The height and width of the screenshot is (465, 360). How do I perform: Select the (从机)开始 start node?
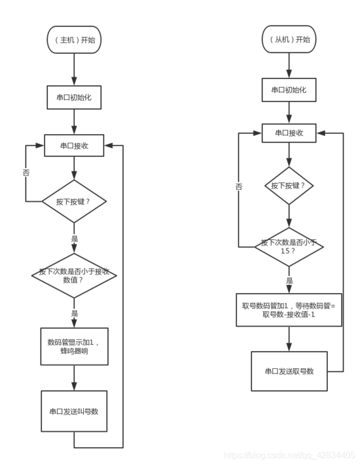(289, 39)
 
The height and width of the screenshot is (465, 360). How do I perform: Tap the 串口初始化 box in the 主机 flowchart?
(73, 96)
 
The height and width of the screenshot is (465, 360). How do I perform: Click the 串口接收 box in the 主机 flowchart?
(73, 146)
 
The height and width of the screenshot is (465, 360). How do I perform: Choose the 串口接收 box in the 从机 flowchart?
(289, 133)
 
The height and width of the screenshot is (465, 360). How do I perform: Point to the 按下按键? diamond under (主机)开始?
(73, 201)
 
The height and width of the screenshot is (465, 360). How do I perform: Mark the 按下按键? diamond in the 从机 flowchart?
(289, 186)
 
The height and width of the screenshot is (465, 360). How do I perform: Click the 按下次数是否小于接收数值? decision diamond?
(73, 275)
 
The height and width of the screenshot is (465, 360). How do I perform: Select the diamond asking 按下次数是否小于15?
(289, 247)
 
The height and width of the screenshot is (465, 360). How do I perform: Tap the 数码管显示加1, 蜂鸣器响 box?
(73, 346)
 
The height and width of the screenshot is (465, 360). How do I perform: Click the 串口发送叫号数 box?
(73, 411)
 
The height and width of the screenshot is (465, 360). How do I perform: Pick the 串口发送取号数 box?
(289, 371)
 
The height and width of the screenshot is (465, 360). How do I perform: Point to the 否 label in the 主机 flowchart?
(26, 172)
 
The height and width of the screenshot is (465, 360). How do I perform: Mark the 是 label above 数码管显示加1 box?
(74, 313)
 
